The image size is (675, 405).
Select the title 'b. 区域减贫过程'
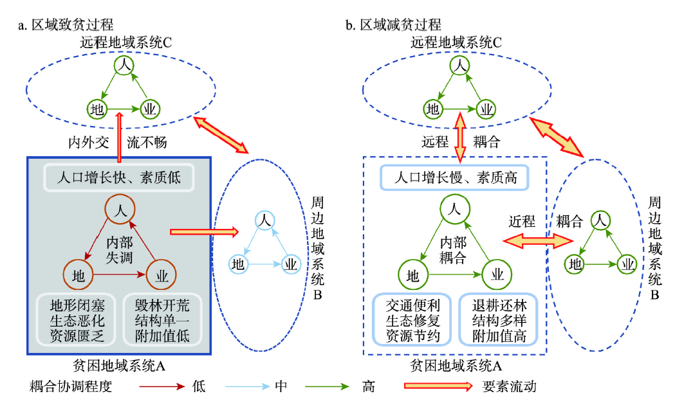pos(394,25)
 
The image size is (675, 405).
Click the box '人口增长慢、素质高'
pos(455,177)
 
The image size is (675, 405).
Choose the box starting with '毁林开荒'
pos(162,319)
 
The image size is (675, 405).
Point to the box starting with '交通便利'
pos(412,319)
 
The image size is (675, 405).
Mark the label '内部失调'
pos(120,249)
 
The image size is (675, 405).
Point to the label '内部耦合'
pos(455,249)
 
